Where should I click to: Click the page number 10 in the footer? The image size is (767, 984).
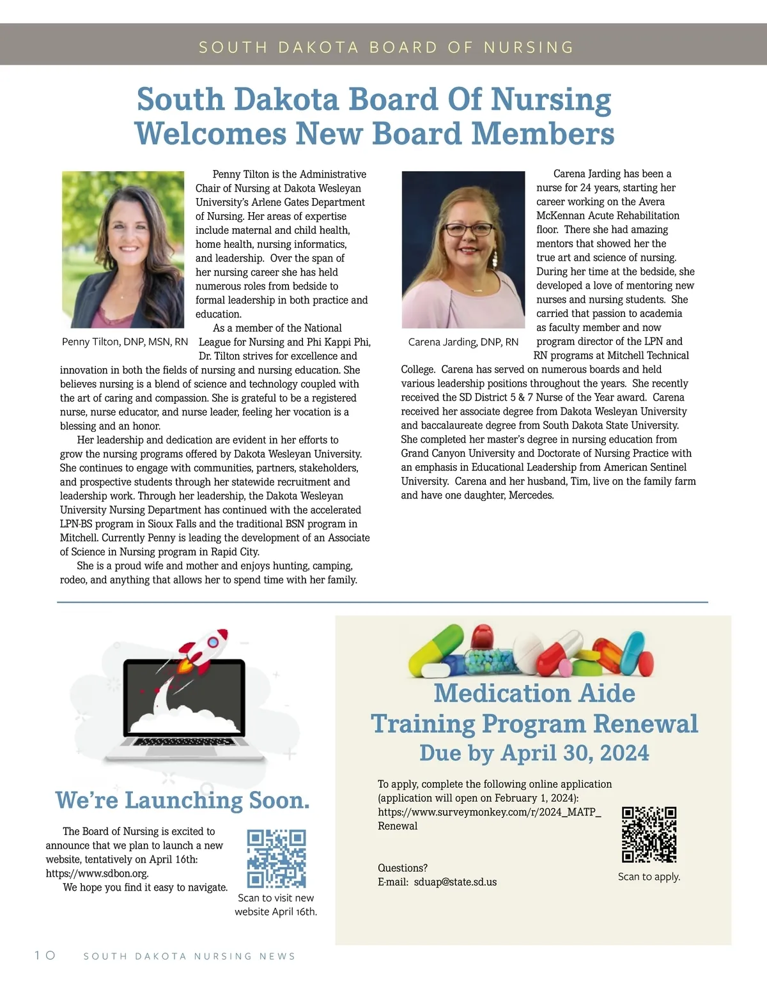point(45,955)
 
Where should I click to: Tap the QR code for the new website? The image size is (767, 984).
point(276,859)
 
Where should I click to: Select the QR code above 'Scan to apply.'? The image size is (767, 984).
point(649,834)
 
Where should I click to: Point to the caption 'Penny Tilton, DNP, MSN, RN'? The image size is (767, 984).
point(125,342)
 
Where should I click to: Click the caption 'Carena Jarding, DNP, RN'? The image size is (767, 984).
point(463,342)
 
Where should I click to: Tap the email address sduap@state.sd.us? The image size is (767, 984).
point(455,882)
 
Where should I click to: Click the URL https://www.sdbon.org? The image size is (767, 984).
point(97,873)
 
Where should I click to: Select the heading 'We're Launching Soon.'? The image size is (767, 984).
point(182,800)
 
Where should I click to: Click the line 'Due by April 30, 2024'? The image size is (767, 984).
point(534,753)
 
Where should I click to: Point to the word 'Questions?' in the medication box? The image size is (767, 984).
point(403,868)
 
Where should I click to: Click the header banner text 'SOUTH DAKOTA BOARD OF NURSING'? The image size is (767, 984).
point(386,47)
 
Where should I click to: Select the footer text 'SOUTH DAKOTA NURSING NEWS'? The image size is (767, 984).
point(190,957)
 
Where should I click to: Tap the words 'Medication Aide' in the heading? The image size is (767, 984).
point(534,693)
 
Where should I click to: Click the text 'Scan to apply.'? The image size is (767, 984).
point(649,877)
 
